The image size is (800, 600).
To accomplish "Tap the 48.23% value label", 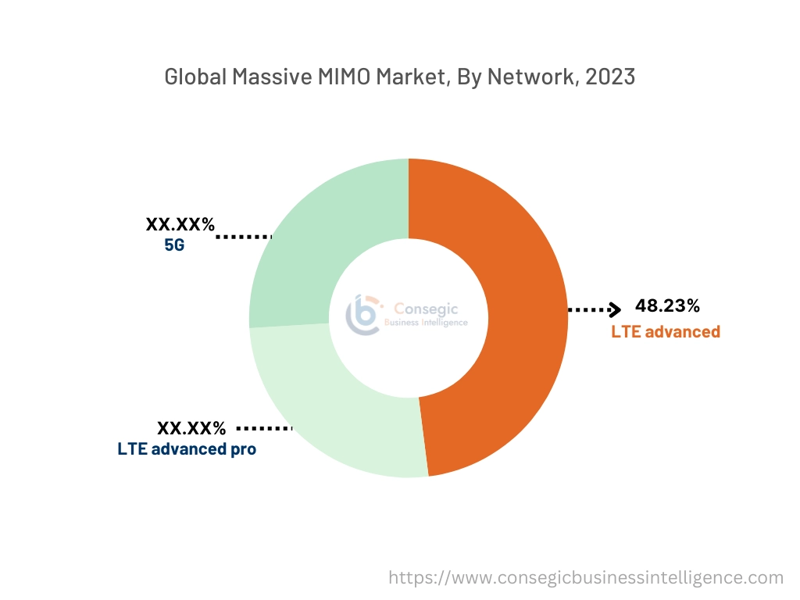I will point(667,305).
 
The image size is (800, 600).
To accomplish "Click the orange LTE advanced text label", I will point(666,331).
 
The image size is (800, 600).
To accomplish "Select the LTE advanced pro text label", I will point(187,449).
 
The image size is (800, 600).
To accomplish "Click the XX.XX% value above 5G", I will point(180,225).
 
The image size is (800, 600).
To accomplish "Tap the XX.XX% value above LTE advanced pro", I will point(191,428).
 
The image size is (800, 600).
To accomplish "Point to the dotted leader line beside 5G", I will point(243,235).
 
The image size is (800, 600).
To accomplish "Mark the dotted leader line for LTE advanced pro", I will point(263,428).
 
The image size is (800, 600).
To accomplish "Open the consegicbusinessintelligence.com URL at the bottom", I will point(586,578).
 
